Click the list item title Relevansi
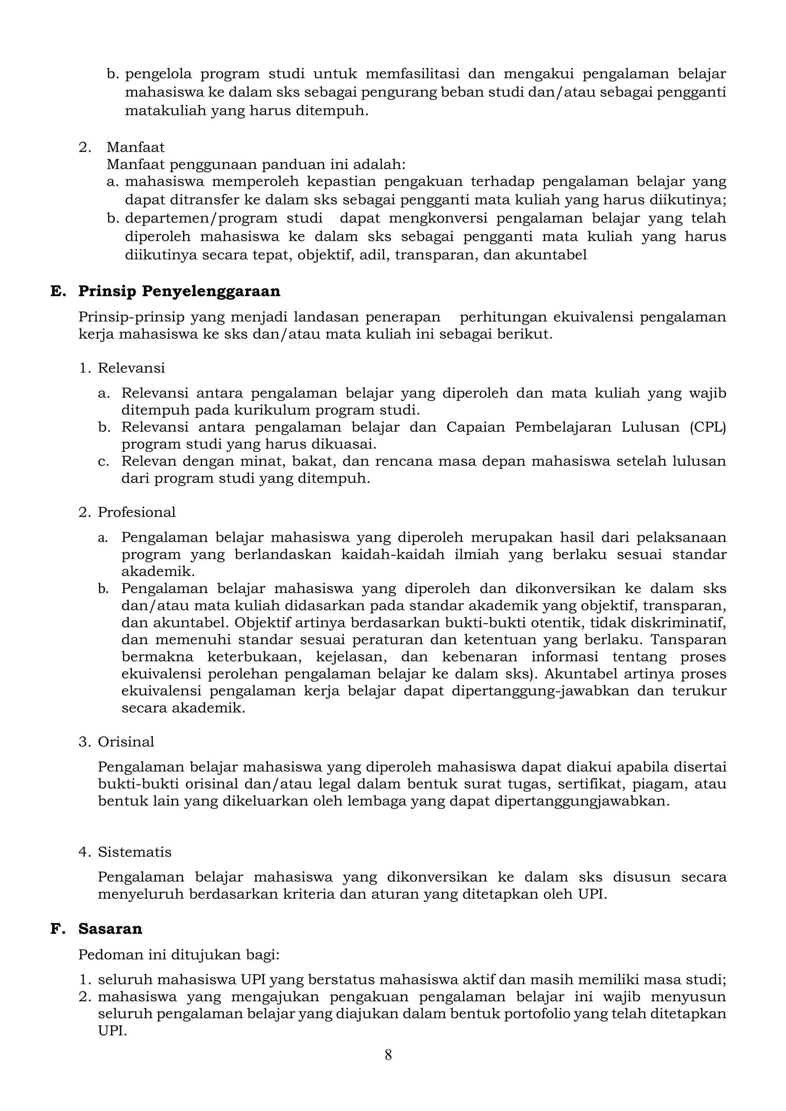131,368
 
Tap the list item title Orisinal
126,742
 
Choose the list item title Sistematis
135,852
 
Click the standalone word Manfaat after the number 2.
135,147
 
